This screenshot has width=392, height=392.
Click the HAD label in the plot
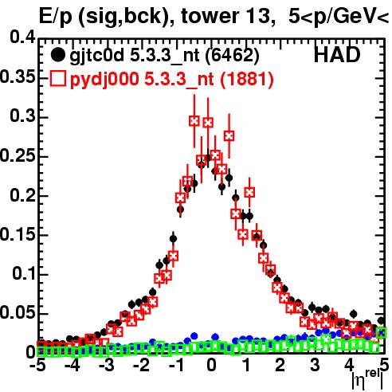click(x=337, y=55)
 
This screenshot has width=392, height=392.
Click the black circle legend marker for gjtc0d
click(x=57, y=55)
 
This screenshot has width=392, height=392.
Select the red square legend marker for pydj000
click(x=57, y=78)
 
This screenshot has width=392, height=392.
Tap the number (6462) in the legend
click(x=232, y=56)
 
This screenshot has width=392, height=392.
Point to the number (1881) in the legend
click(x=247, y=79)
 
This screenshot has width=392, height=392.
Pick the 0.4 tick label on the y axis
click(x=22, y=37)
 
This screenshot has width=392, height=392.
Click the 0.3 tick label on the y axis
click(x=22, y=116)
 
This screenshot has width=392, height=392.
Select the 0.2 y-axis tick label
click(x=22, y=194)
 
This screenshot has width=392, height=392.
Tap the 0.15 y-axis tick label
click(x=18, y=234)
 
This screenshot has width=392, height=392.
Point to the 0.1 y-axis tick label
click(x=24, y=273)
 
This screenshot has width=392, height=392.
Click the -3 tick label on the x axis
click(x=107, y=366)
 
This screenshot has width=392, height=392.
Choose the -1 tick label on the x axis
click(x=177, y=366)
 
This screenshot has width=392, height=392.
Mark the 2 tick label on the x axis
click(x=280, y=366)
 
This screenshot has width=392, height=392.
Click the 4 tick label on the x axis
click(x=349, y=366)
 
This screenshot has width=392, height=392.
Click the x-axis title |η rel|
click(x=367, y=380)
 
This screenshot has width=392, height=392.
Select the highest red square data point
click(x=194, y=121)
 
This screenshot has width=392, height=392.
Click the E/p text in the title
click(x=56, y=17)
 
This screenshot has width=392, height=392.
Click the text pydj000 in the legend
click(x=104, y=80)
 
